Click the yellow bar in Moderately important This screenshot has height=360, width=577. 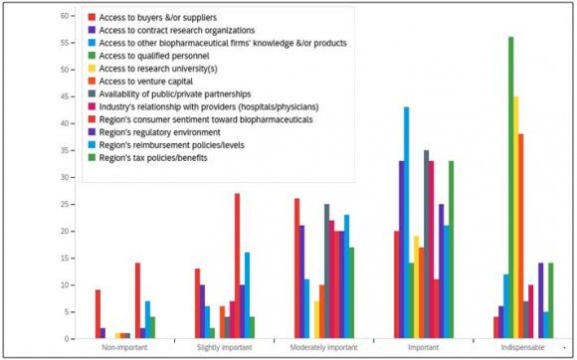click(316, 319)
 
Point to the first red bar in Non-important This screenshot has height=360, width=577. click(97, 314)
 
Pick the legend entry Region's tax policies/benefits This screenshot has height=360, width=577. click(159, 158)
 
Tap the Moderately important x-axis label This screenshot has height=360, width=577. click(323, 348)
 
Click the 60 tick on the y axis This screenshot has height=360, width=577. click(64, 16)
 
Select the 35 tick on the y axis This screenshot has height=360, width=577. click(64, 150)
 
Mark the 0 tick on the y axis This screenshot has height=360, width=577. click(67, 339)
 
